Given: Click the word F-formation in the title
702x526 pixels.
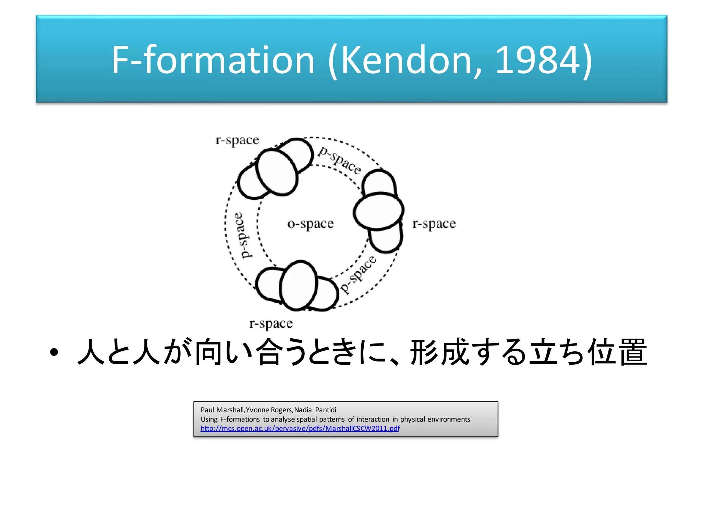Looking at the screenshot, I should (x=213, y=60).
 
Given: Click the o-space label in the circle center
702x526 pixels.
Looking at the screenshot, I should (x=310, y=224).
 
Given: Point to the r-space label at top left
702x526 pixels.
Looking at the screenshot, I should (x=237, y=140).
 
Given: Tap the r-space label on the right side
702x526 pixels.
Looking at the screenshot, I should (x=434, y=224).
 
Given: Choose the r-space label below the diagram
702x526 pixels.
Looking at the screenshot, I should (x=271, y=323).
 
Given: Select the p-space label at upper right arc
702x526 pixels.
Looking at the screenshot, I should (x=339, y=160).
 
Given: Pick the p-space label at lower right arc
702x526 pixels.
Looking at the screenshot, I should (x=358, y=274).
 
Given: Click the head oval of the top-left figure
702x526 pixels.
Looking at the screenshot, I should (x=276, y=172).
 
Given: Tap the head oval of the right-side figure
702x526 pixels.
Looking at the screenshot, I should (x=378, y=211).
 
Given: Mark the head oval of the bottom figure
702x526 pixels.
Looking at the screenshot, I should (x=299, y=285).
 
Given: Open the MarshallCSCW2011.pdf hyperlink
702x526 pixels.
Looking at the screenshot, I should (x=300, y=428).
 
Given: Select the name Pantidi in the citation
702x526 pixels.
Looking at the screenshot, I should (x=326, y=410).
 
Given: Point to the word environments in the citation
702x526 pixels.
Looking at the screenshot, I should (x=449, y=419).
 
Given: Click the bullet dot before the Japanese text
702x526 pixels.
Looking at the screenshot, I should (x=54, y=353).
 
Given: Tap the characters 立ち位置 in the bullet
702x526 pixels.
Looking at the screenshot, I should (x=588, y=352).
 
